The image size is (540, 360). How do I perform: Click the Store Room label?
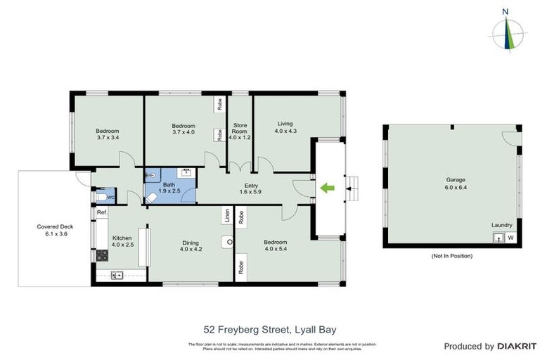[x=240, y=131]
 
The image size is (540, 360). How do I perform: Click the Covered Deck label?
[x=51, y=230]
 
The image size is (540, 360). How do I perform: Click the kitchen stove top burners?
[x=101, y=255]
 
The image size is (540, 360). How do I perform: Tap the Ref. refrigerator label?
[x=101, y=212]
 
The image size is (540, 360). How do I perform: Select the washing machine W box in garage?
[x=510, y=238]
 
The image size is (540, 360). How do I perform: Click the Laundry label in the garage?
[x=502, y=225]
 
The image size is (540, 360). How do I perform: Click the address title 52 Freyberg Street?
[x=269, y=328]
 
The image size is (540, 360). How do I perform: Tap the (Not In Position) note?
[x=452, y=255]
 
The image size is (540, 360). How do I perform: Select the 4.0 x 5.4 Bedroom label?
[x=275, y=245]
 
